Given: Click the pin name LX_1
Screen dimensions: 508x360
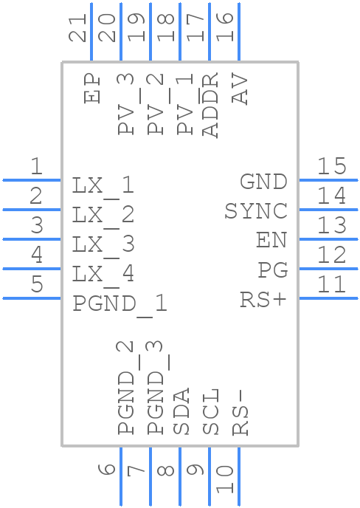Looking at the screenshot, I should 103,185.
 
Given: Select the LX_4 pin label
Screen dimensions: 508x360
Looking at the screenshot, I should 103,274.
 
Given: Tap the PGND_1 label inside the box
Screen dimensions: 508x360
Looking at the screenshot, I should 120,303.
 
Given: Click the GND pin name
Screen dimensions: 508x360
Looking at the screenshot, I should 263,182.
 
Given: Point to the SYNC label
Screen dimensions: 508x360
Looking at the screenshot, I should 255,212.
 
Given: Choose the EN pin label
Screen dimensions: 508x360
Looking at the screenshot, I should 271,241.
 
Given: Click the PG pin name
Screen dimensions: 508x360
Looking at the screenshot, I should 272,271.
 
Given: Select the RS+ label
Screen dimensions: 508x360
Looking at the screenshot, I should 263,301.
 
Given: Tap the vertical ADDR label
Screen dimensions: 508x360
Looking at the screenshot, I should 210,106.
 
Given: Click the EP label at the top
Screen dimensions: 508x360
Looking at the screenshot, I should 92,88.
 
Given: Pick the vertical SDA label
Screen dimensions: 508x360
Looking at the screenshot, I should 181,411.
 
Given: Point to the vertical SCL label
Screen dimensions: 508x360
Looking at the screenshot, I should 211,411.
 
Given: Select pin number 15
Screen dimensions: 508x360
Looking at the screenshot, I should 331,165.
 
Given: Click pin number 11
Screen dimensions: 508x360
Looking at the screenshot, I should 331,284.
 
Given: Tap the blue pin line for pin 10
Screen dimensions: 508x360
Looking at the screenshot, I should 238,477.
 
